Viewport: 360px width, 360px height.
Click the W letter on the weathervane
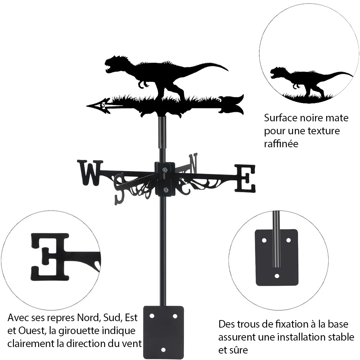(x=90, y=173)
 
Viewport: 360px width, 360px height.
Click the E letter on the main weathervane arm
(x=245, y=178)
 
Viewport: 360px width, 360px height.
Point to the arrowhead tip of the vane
(x=87, y=106)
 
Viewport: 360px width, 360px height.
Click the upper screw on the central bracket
(x=165, y=170)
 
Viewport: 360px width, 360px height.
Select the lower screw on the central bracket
(x=165, y=190)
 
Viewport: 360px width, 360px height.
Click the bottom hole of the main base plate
(x=163, y=350)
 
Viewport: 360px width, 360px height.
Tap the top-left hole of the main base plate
(x=152, y=316)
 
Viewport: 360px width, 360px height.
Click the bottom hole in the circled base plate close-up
(x=277, y=276)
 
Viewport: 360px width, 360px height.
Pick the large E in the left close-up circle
(x=50, y=257)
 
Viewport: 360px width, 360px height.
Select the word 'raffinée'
(x=281, y=144)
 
